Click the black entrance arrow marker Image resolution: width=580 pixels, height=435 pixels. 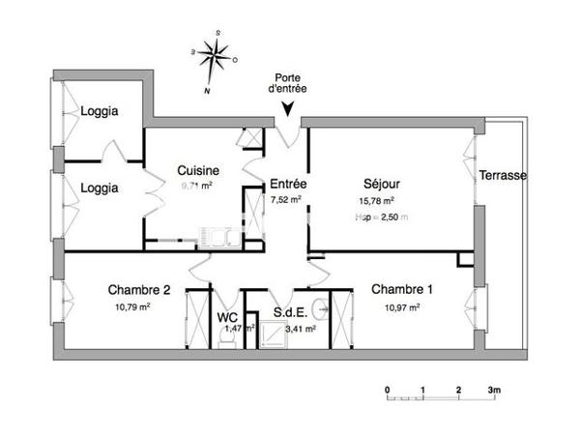pos(288,108)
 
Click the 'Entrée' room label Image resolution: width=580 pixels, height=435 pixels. pos(287,184)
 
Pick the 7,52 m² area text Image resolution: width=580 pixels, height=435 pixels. pos(286,200)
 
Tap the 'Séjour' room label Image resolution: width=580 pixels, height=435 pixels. pos(382,184)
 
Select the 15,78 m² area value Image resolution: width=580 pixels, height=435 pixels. pos(377,201)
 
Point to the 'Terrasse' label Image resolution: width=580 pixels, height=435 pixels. pos(503,176)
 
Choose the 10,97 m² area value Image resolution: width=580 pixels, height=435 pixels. pos(401,307)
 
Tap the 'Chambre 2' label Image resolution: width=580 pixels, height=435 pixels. pos(139,290)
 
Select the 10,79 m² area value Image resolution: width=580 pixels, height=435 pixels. pos(132,307)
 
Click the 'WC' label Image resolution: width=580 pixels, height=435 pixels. pos(227,316)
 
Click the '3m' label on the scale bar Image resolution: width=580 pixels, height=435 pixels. pos(495,391)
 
